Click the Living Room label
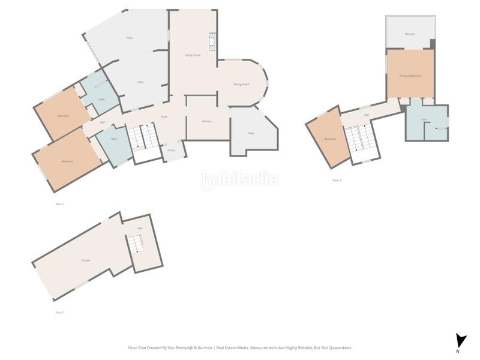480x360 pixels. pyautogui.click(x=193, y=55)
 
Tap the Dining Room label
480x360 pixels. pyautogui.click(x=241, y=84)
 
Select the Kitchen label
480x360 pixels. pyautogui.click(x=206, y=121)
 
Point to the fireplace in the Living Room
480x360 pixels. pyautogui.click(x=211, y=41)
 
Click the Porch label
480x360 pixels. pyautogui.click(x=171, y=150)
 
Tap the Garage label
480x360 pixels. pyautogui.click(x=86, y=260)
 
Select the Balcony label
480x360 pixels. pyautogui.click(x=410, y=34)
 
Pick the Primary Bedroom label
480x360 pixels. pyautogui.click(x=410, y=76)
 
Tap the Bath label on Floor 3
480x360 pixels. pyautogui.click(x=424, y=119)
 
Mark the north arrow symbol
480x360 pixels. pyautogui.click(x=460, y=341)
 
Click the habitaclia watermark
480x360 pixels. pyautogui.click(x=239, y=178)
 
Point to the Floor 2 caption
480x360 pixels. pyautogui.click(x=59, y=204)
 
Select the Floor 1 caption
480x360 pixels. pyautogui.click(x=59, y=313)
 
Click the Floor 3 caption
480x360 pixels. pyautogui.click(x=337, y=180)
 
